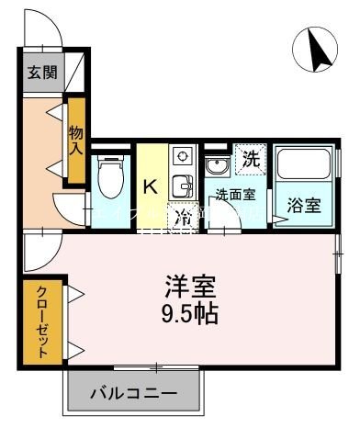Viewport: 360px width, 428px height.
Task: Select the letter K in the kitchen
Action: [150, 186]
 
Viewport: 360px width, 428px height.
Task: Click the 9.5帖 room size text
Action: [189, 313]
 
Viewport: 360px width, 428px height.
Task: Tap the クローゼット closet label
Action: [42, 321]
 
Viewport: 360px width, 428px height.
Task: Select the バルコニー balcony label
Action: [132, 395]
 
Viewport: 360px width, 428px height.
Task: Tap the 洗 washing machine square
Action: [249, 158]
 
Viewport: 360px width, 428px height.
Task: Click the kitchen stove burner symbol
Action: [181, 156]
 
